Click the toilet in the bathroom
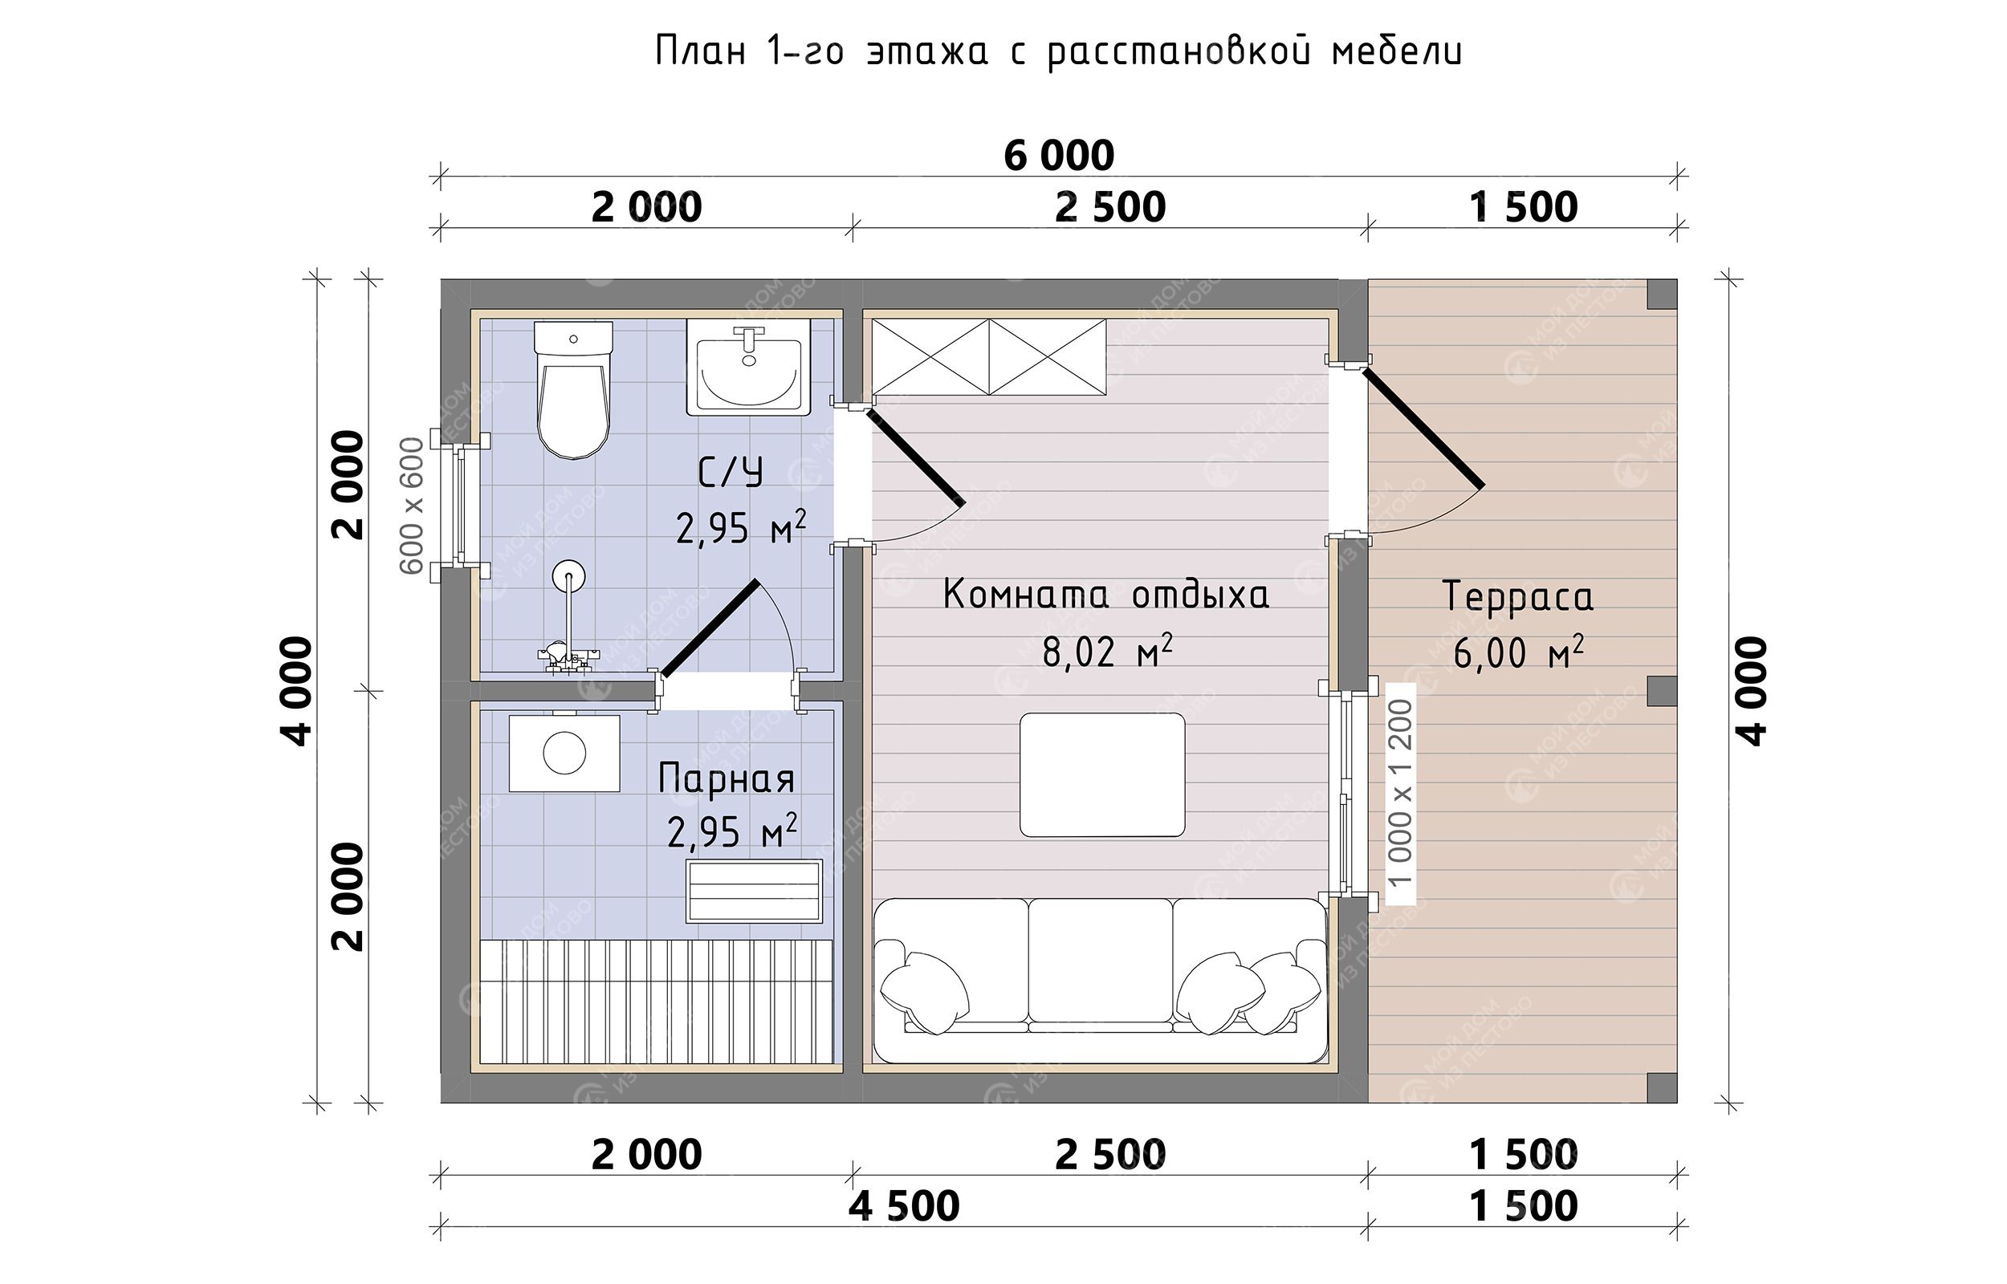coord(573,389)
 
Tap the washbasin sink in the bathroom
coord(748,368)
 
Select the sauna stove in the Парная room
coord(564,753)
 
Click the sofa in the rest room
coord(1100,981)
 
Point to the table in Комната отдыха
coord(1101,774)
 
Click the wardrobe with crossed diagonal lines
coord(989,357)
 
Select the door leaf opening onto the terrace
coord(1423,429)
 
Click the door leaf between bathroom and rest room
coord(915,457)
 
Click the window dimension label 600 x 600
coord(412,506)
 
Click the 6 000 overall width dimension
coord(1058,155)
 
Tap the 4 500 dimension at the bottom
coord(905,1205)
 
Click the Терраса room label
coord(1517,597)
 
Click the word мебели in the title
coord(1397,51)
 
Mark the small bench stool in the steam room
coord(754,892)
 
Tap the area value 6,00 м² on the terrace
coord(1518,653)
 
